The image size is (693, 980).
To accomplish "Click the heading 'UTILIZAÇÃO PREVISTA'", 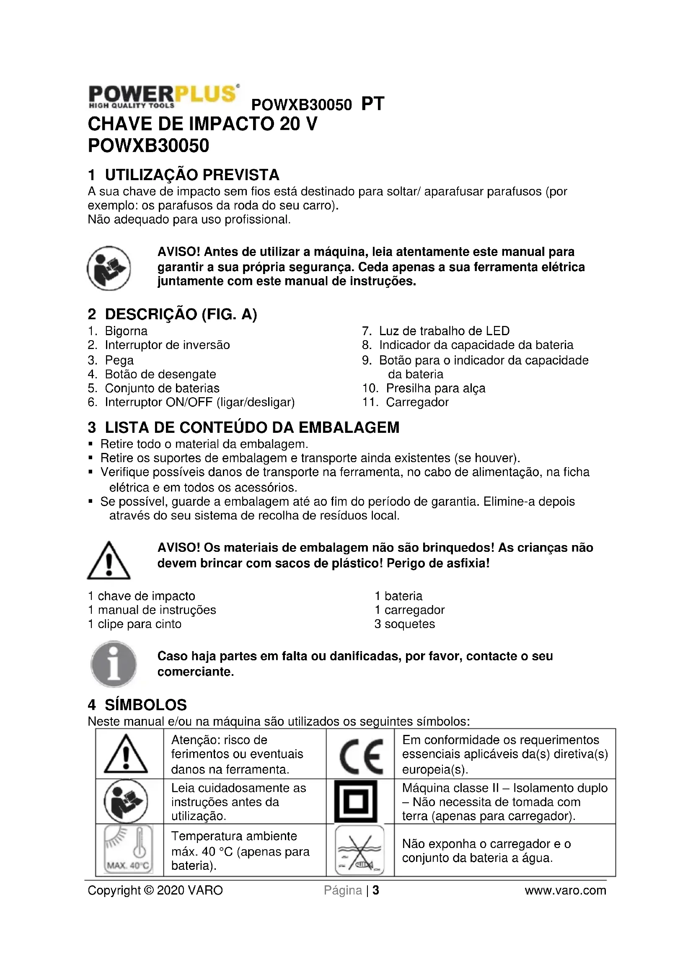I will click(x=191, y=175).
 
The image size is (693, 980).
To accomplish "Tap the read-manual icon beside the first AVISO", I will click(x=109, y=268).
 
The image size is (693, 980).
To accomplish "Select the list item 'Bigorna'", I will click(x=126, y=331).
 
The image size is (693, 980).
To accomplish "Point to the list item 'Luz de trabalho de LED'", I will click(x=444, y=331).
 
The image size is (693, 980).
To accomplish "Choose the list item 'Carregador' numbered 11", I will click(x=417, y=402).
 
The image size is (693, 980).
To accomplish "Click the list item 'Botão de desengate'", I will click(x=160, y=374).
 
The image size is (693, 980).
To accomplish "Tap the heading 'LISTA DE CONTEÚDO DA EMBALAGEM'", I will click(x=252, y=427).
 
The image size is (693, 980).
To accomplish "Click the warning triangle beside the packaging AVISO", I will click(x=109, y=561).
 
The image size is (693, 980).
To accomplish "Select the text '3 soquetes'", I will click(x=405, y=624).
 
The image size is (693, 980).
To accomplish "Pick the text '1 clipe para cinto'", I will click(x=135, y=624).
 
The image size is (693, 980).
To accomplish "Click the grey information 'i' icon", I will click(x=114, y=664).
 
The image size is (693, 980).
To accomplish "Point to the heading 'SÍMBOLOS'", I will click(x=145, y=705).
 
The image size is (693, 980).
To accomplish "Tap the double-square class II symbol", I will click(x=356, y=802).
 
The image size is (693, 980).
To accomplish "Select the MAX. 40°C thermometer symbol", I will click(x=128, y=849).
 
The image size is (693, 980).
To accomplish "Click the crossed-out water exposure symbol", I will click(x=359, y=850).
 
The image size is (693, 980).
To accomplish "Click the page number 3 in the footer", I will click(x=376, y=890).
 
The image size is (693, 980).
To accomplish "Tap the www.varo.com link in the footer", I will click(x=565, y=890).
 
